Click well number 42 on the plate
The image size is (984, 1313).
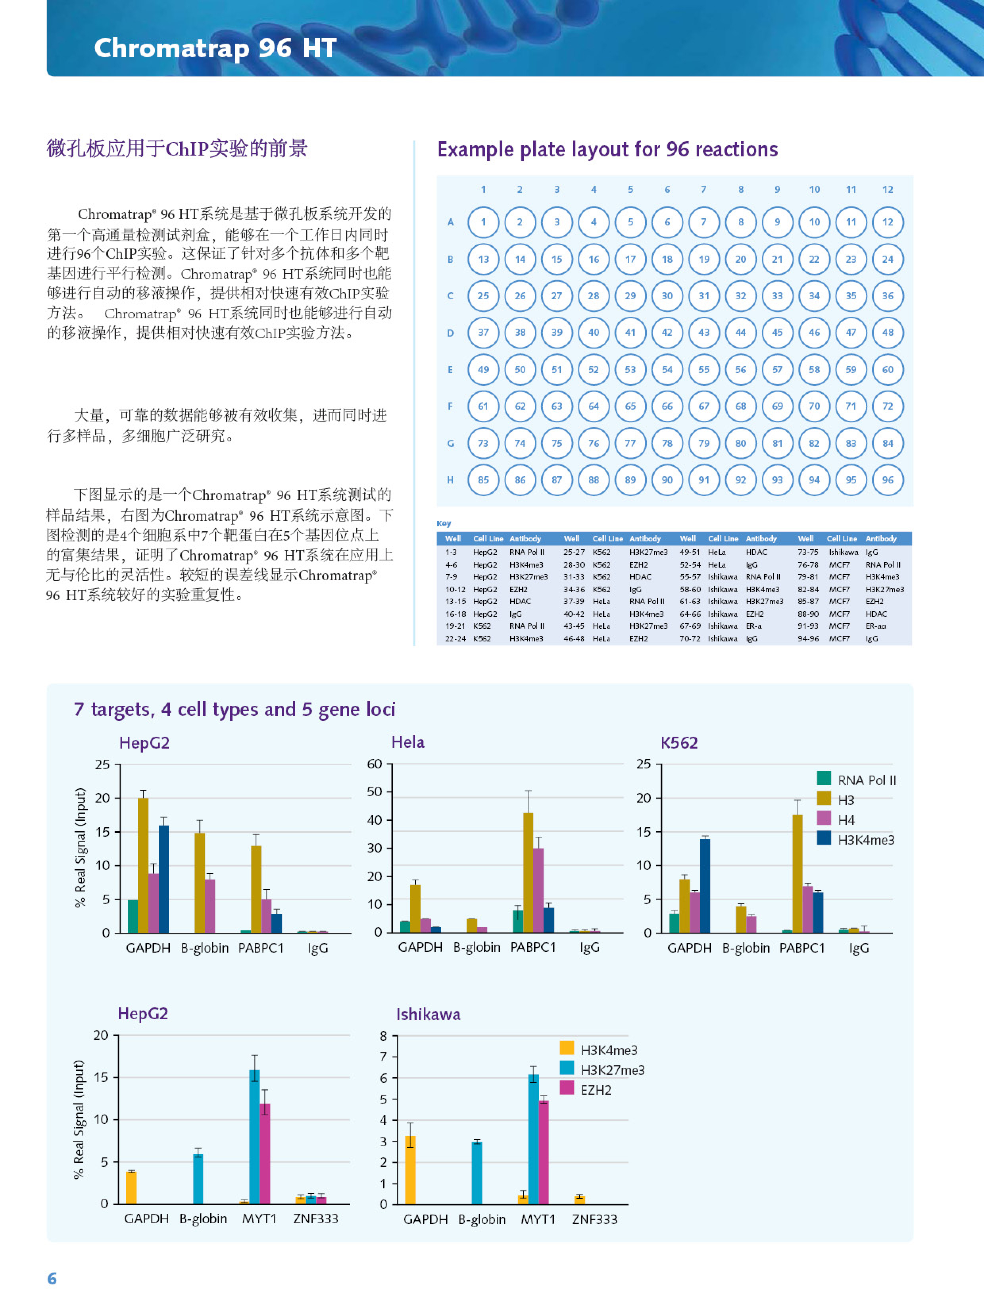(x=667, y=332)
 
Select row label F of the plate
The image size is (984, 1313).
(x=450, y=406)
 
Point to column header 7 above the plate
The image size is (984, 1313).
(x=704, y=189)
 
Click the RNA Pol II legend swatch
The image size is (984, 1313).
(x=824, y=778)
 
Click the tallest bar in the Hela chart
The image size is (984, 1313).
(x=528, y=872)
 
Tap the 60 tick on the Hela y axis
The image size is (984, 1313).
(x=375, y=764)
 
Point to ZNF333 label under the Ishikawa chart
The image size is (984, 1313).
(x=595, y=1219)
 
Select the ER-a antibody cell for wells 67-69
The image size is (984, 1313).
(x=754, y=626)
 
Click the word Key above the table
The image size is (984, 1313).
(x=444, y=524)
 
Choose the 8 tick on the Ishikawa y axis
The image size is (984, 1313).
(x=383, y=1036)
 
